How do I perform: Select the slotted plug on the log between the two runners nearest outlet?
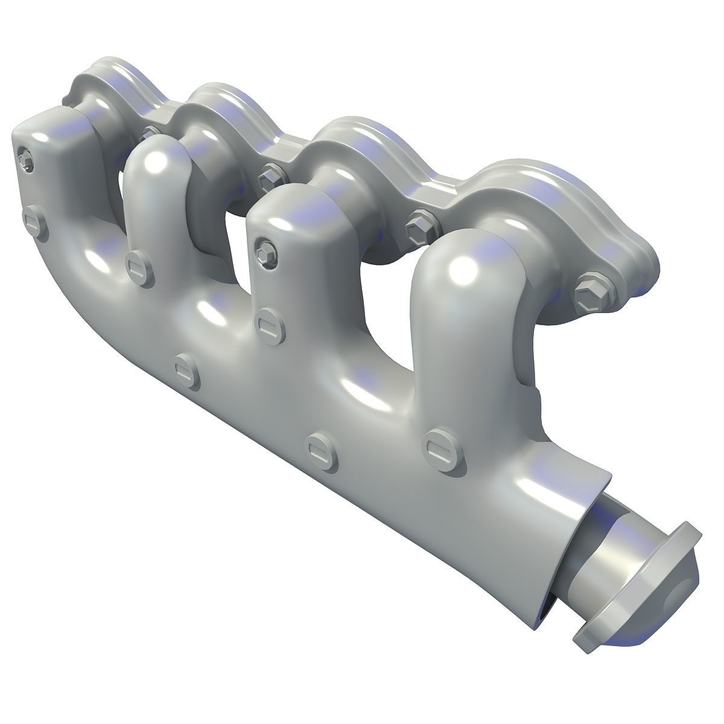(x=318, y=447)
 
